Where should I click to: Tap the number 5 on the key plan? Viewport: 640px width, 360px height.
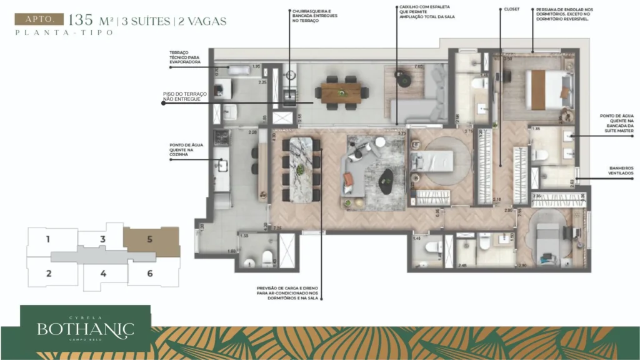point(149,239)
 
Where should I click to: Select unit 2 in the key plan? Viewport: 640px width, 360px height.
point(48,272)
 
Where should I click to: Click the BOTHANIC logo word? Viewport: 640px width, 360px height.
point(85,329)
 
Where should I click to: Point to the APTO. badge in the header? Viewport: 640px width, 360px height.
point(39,19)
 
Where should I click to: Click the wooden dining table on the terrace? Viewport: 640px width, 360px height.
point(341,93)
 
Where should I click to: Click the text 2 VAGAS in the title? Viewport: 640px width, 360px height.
point(202,21)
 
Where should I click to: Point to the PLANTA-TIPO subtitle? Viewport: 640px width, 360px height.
point(64,32)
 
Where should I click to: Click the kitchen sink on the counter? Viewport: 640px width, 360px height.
point(222,165)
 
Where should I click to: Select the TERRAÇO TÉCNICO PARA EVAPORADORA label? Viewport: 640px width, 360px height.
point(184,58)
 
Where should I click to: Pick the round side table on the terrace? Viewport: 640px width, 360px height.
point(401,78)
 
